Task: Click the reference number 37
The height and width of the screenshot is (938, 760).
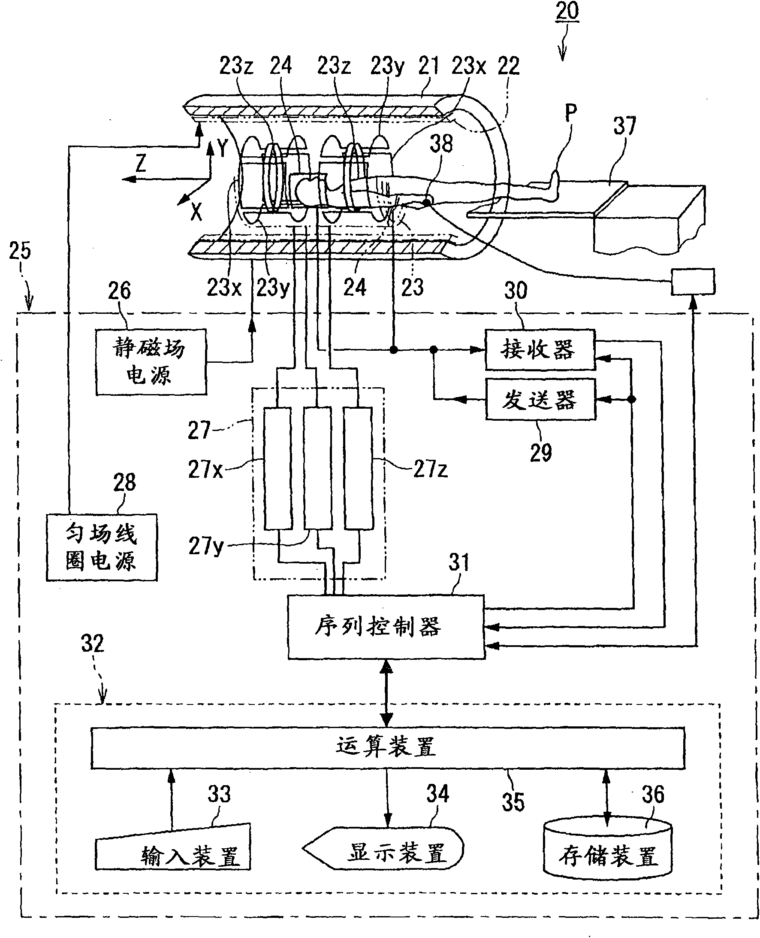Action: coord(624,126)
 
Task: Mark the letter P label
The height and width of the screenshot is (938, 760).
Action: coord(571,113)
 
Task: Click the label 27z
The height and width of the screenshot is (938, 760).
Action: coord(431,469)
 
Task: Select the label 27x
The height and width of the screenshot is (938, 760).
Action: coord(205,469)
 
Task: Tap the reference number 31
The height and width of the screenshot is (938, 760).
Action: coord(459,562)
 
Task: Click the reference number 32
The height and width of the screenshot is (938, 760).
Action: coord(92,644)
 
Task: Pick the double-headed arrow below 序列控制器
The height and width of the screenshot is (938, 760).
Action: coord(386,693)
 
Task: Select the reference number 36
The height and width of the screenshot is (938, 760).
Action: coord(653,795)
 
